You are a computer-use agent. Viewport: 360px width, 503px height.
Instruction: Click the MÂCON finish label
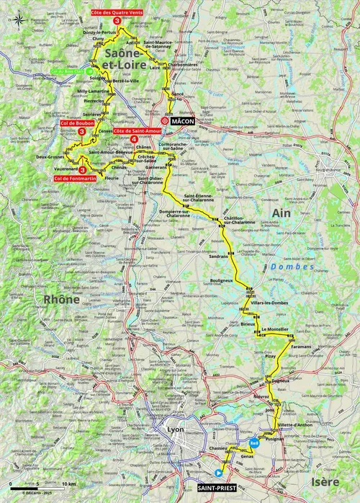pyautogui.click(x=184, y=123)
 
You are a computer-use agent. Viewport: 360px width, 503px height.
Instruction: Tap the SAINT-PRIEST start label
pyautogui.click(x=217, y=488)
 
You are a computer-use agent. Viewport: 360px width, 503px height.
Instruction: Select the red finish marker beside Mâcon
pyautogui.click(x=166, y=123)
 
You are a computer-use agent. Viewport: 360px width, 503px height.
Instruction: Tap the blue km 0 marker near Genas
pyautogui.click(x=253, y=443)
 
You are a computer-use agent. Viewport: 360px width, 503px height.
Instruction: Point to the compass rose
pyautogui.click(x=14, y=18)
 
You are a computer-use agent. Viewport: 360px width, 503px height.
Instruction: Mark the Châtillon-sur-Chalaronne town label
pyautogui.click(x=239, y=220)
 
